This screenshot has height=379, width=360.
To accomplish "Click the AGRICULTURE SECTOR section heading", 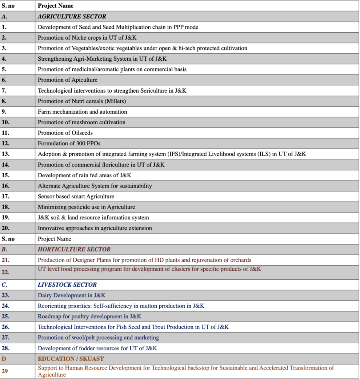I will [72, 16].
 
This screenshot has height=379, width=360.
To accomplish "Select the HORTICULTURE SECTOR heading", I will [74, 249].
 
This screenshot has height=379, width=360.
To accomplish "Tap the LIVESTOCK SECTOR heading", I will [67, 285].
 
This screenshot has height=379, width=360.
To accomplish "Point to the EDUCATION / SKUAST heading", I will [71, 359].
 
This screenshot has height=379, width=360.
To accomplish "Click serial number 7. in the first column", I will [4, 90].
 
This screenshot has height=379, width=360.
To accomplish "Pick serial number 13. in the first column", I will [5, 154].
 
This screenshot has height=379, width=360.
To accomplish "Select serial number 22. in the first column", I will [5, 272].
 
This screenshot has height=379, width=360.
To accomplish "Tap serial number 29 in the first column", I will [5, 371].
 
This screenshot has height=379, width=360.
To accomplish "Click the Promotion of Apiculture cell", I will [68, 80].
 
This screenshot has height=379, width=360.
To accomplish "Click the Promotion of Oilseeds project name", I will [65, 133].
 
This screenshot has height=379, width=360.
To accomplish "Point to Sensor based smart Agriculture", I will [76, 197].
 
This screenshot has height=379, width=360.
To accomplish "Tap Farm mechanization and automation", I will [83, 112].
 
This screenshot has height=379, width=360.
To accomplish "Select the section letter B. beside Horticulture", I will [4, 249].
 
